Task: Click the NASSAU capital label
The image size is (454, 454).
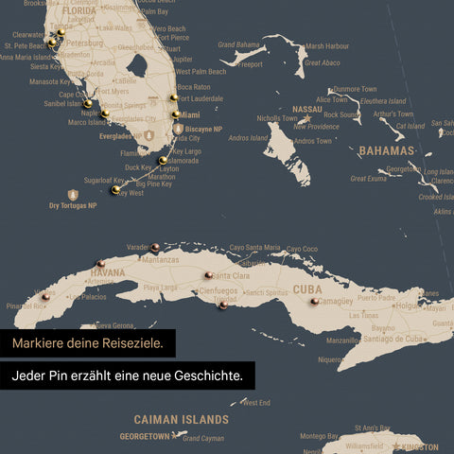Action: tap(307, 109)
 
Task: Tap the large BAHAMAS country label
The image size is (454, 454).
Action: tap(387, 150)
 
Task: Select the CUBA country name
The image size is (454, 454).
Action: tap(307, 289)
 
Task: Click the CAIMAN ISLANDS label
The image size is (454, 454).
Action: tap(181, 419)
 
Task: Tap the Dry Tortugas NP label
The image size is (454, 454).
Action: tap(73, 205)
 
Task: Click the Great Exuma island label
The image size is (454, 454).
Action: tap(368, 178)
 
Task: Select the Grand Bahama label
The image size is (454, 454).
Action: tap(238, 44)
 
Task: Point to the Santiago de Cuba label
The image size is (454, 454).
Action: tap(377, 339)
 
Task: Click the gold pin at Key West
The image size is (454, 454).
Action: tap(115, 190)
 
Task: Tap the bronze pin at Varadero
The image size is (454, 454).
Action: tap(154, 247)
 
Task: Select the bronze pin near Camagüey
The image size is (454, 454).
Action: tap(314, 302)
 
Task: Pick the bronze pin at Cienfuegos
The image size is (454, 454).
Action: tap(221, 305)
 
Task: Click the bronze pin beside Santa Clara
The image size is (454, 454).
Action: tap(207, 275)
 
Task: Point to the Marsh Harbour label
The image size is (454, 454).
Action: tap(327, 45)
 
